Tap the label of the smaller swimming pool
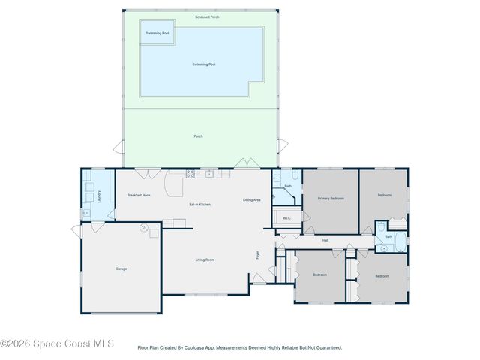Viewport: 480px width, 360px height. pyautogui.click(x=157, y=33)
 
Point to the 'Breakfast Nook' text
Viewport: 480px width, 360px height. pyautogui.click(x=139, y=195)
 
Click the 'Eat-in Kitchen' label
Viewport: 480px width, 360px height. pyautogui.click(x=199, y=205)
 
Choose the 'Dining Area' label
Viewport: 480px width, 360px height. pyautogui.click(x=251, y=199)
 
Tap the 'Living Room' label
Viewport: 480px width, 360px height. pyautogui.click(x=205, y=259)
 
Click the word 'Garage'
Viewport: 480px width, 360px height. pyautogui.click(x=121, y=268)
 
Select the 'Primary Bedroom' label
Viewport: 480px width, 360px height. pyautogui.click(x=331, y=198)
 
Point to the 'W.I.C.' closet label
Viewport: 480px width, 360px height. pyautogui.click(x=286, y=218)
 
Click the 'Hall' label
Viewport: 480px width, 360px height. pyautogui.click(x=325, y=240)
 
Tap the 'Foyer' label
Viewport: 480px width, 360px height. pyautogui.click(x=258, y=256)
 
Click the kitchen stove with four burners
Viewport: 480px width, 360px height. pyautogui.click(x=190, y=174)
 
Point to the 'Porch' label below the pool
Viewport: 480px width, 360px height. pyautogui.click(x=198, y=136)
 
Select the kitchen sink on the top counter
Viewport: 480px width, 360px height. pyautogui.click(x=212, y=174)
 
